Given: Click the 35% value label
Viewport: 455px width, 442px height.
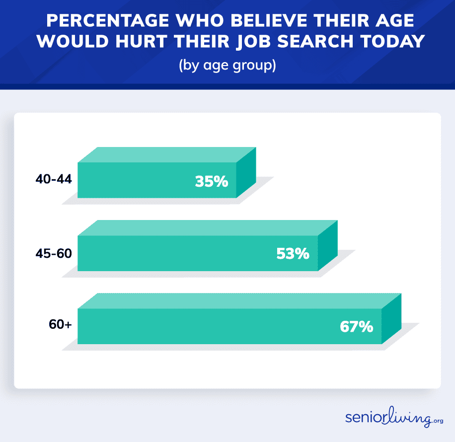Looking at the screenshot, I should click(x=211, y=181).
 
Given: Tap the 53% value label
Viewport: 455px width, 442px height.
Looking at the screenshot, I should click(x=293, y=254).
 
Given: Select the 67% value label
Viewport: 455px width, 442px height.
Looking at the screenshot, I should click(x=356, y=327).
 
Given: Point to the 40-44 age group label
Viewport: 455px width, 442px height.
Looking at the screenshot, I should click(x=54, y=179).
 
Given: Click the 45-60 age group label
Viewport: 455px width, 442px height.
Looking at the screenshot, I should click(x=54, y=253).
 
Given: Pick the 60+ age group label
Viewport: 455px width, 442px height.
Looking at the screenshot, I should click(x=60, y=325).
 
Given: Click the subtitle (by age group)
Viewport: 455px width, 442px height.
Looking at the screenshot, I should click(x=227, y=65).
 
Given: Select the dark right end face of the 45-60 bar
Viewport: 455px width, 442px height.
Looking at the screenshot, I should click(x=327, y=245).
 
